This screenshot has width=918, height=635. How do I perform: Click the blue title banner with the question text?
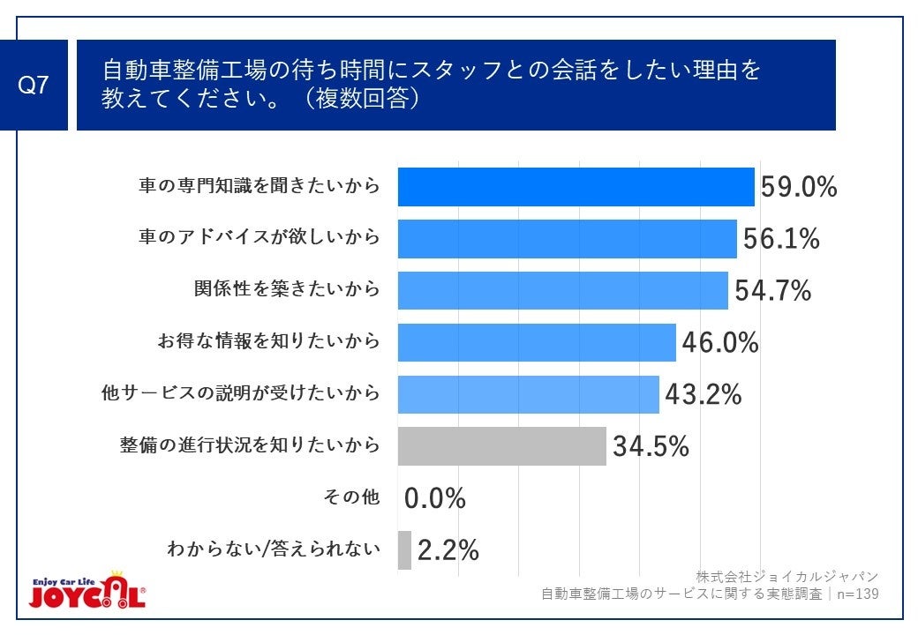coord(455,85)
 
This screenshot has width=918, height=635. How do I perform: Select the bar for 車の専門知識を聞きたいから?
coord(576,187)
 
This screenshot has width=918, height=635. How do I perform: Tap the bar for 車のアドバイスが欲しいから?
coord(567,239)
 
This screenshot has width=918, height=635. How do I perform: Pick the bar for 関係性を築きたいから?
coord(562,290)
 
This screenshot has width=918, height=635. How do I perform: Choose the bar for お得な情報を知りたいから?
coord(537,342)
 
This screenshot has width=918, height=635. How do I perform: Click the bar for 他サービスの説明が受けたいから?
coord(528,394)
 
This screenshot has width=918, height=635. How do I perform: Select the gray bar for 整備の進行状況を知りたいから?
coord(501,446)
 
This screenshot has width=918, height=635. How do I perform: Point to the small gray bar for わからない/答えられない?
coord(404,550)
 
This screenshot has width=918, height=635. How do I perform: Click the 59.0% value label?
coord(799,187)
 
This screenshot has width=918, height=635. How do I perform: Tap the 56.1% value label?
coord(781,239)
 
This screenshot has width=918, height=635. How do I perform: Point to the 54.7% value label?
coord(772,290)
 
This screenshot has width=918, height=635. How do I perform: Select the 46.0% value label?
coord(719,342)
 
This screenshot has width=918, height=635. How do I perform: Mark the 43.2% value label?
coord(703,394)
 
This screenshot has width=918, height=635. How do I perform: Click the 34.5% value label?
coord(650,446)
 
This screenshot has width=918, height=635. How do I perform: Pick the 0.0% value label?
coord(434,498)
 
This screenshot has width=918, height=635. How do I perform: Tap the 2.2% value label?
coord(448,550)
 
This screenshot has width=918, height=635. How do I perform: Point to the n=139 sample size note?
coord(855,594)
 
